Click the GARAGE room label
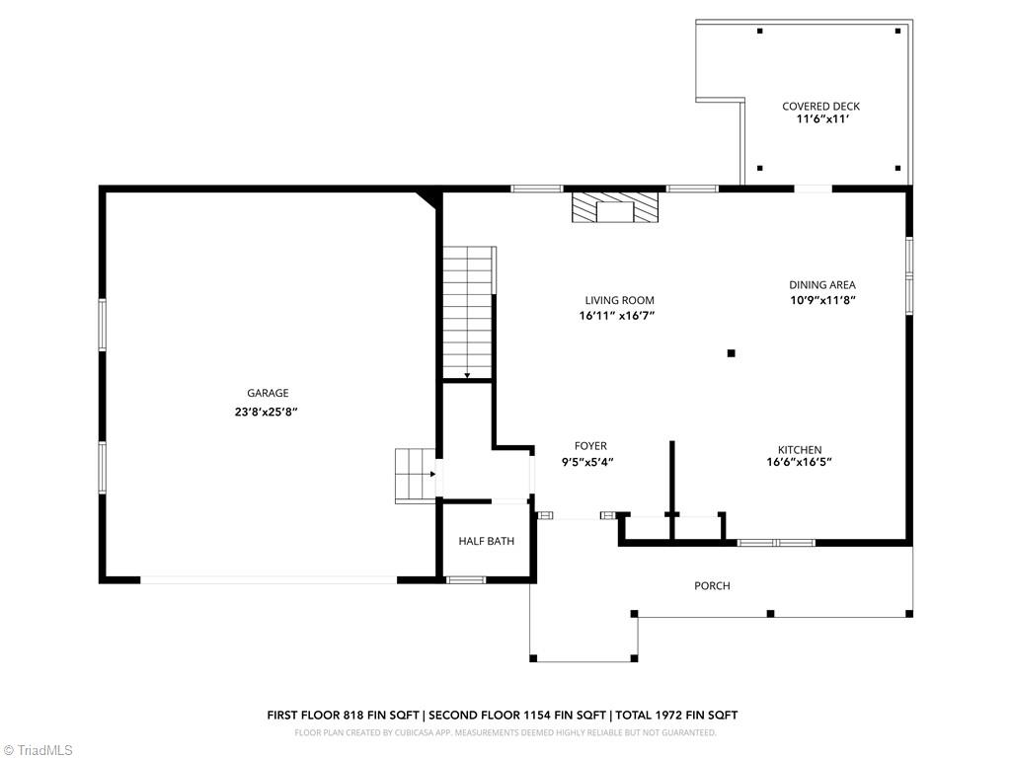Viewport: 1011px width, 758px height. (x=268, y=393)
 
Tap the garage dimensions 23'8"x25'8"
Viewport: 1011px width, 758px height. (x=260, y=412)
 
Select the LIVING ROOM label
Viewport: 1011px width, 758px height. (x=619, y=301)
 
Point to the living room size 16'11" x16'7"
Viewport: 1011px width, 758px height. (x=617, y=317)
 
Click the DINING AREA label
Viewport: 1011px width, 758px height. (x=821, y=285)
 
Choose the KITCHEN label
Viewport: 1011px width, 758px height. (x=799, y=450)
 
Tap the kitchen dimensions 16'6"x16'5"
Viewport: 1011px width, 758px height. (x=799, y=462)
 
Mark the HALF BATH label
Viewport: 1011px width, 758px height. (x=486, y=541)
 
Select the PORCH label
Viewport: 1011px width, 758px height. (x=712, y=586)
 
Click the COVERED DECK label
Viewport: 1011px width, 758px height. (x=820, y=107)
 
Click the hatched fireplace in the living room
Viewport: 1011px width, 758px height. (x=616, y=208)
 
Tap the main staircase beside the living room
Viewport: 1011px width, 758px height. (x=467, y=311)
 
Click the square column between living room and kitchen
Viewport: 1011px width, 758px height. (x=731, y=353)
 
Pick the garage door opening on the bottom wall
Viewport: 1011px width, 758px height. (x=269, y=580)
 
